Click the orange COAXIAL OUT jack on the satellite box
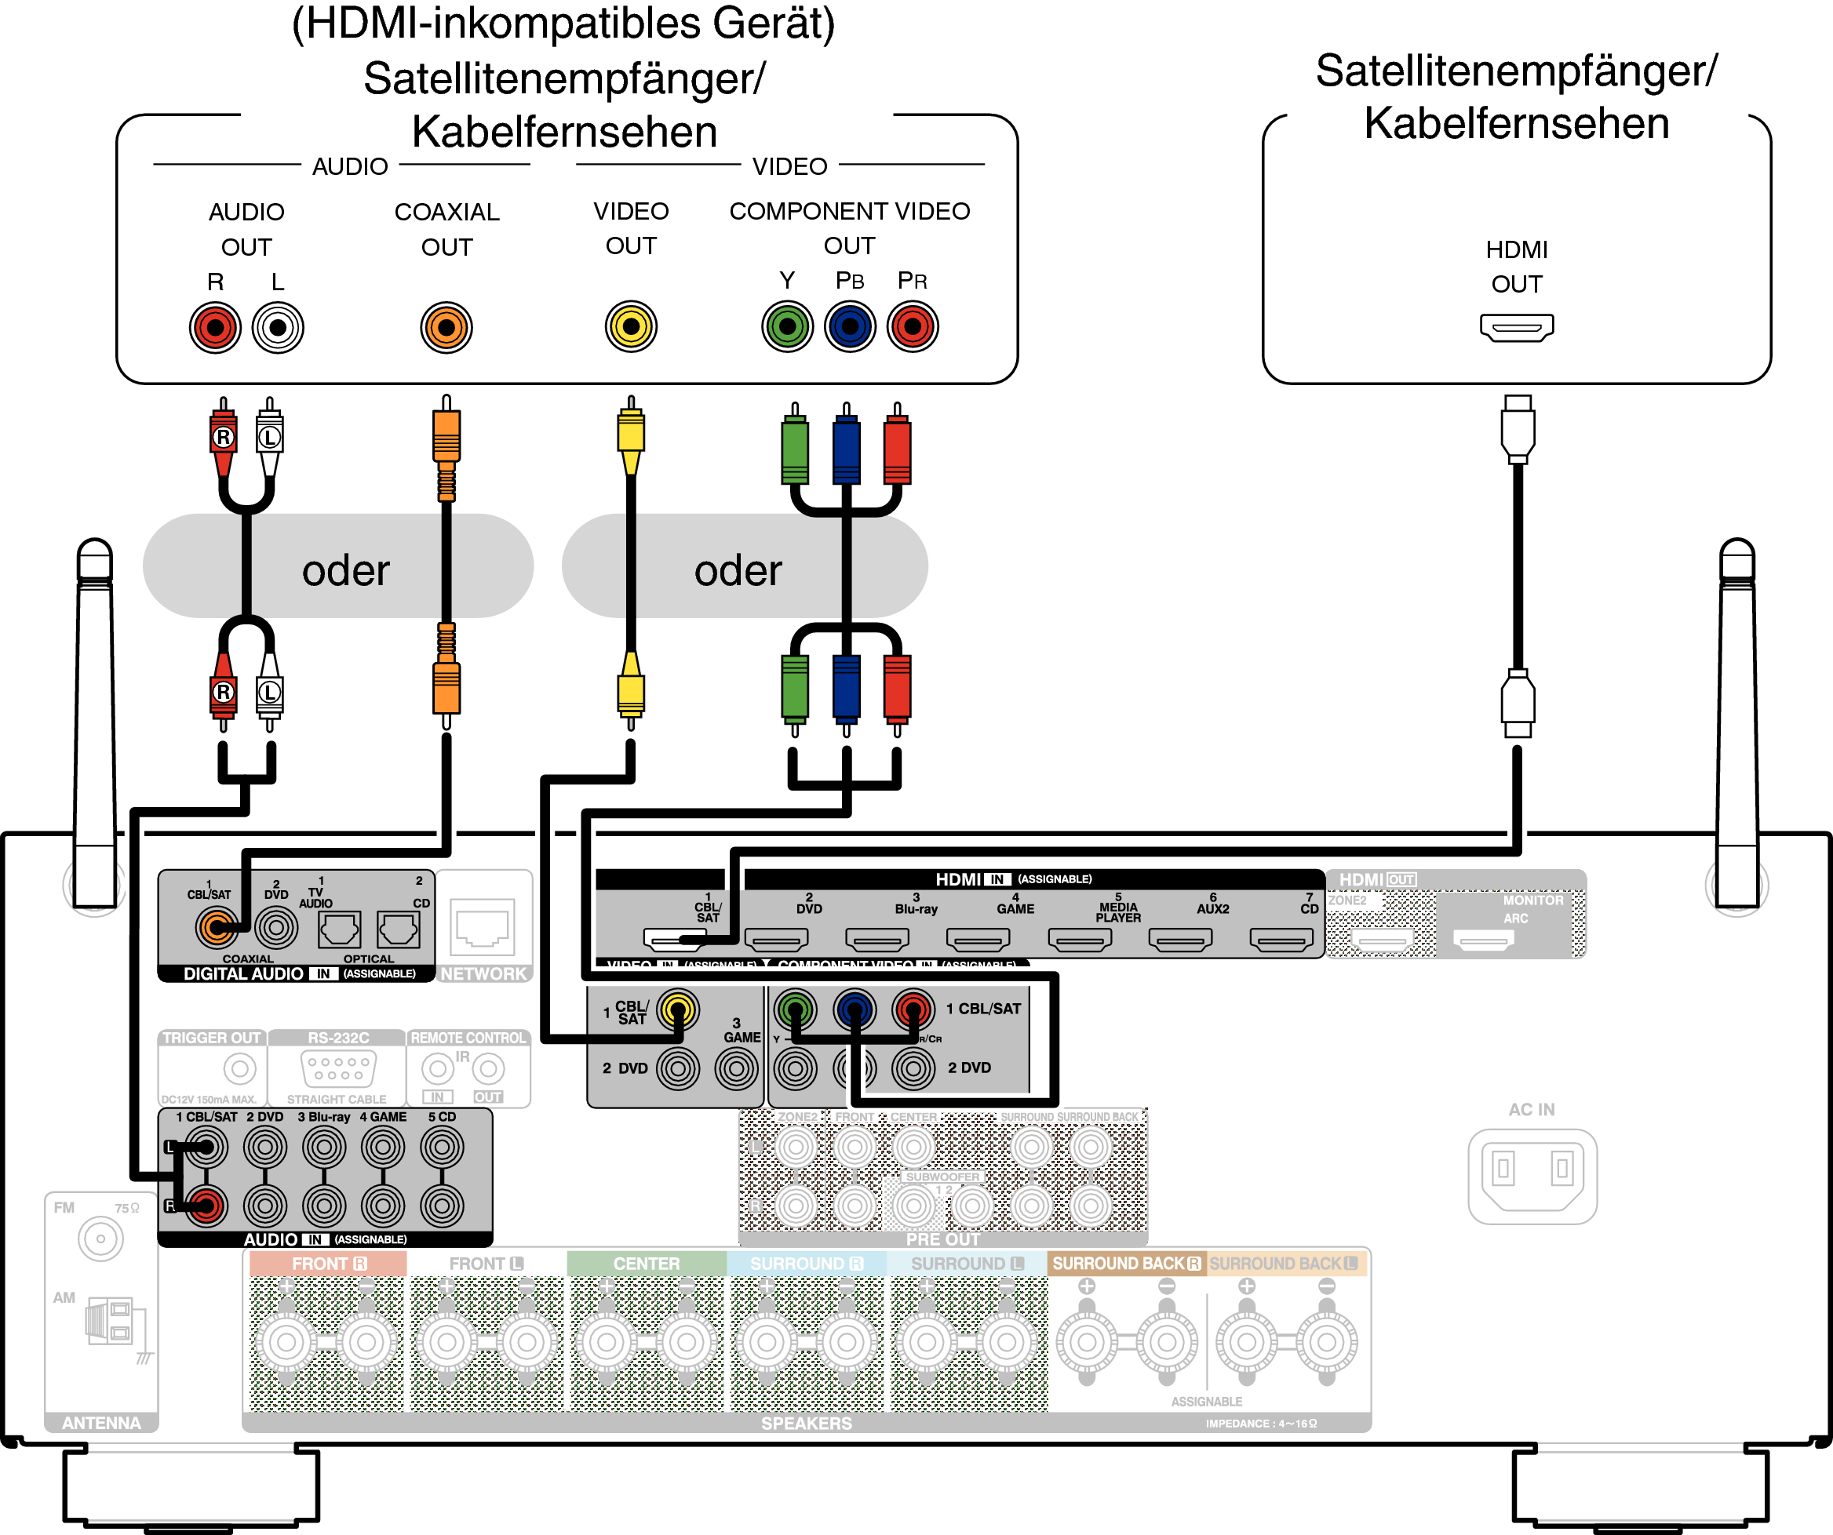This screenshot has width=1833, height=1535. (x=446, y=327)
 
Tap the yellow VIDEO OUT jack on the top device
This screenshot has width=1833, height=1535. (x=631, y=326)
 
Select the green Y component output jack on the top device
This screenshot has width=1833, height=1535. (x=787, y=326)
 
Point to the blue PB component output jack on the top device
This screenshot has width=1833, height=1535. (x=849, y=326)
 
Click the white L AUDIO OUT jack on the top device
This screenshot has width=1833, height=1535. (x=278, y=327)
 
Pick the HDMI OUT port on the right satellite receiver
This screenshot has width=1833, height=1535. (x=1516, y=327)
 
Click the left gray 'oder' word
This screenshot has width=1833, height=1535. (x=346, y=571)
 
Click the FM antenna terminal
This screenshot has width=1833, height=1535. (x=100, y=1239)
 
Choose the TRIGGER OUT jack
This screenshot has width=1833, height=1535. (x=239, y=1068)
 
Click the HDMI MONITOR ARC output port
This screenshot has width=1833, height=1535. (x=1483, y=940)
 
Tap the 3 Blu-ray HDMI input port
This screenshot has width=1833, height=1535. (x=877, y=939)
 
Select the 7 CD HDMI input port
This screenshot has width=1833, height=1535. (x=1281, y=939)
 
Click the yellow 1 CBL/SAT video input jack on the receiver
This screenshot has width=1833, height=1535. (x=677, y=1009)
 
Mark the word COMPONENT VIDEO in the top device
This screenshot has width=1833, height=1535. (x=849, y=211)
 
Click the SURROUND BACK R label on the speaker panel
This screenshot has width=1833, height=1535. (x=1126, y=1263)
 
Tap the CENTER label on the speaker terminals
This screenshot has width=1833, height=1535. (x=646, y=1263)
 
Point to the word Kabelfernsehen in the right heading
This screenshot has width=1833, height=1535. (x=1516, y=123)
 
